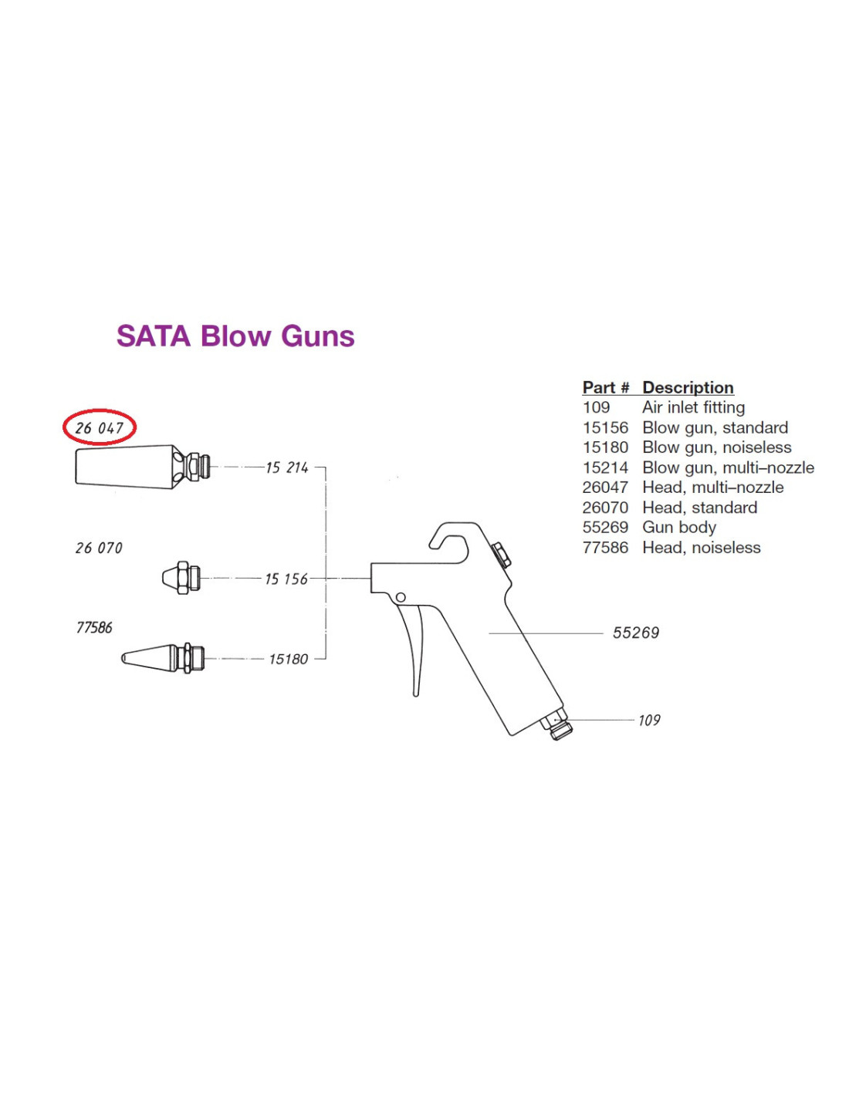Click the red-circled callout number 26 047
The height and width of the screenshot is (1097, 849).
[x=100, y=427]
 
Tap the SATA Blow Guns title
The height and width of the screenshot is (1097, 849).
[x=235, y=336]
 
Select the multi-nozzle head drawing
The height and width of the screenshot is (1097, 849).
[x=139, y=467]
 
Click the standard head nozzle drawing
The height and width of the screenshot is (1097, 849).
[x=181, y=578]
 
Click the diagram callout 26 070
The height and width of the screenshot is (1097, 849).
[x=99, y=548]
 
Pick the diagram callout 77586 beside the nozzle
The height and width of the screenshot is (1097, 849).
[x=94, y=628]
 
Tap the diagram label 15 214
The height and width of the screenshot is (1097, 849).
[x=286, y=467]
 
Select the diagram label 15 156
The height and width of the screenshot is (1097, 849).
[x=286, y=579]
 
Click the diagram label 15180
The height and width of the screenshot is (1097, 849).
[x=288, y=659]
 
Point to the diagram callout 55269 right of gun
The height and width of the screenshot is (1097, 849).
[x=635, y=633]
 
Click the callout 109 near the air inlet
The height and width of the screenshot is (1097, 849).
[x=649, y=720]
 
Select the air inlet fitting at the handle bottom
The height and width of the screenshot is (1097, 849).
[x=557, y=726]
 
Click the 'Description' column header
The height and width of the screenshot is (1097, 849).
[x=688, y=387]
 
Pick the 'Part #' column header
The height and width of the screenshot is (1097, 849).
[x=606, y=387]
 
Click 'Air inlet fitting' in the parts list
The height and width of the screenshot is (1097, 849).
[x=693, y=407]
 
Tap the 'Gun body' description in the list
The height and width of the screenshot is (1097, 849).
[x=679, y=527]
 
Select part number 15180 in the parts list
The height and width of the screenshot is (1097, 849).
[x=605, y=447]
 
